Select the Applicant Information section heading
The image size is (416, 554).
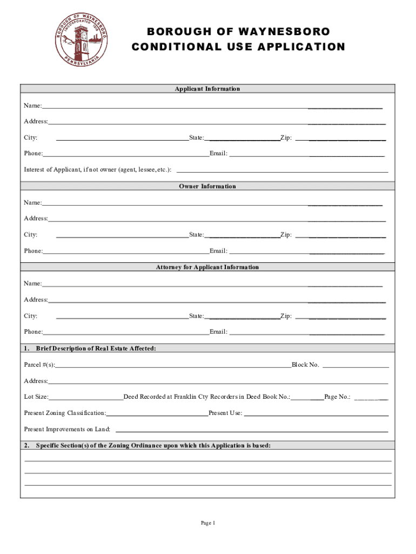207,89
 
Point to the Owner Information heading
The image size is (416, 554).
207,186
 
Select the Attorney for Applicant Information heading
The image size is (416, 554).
207,267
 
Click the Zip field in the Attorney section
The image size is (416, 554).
340,316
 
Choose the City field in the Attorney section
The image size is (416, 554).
122,316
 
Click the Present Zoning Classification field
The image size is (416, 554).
157,414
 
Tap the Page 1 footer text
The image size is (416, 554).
208,523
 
